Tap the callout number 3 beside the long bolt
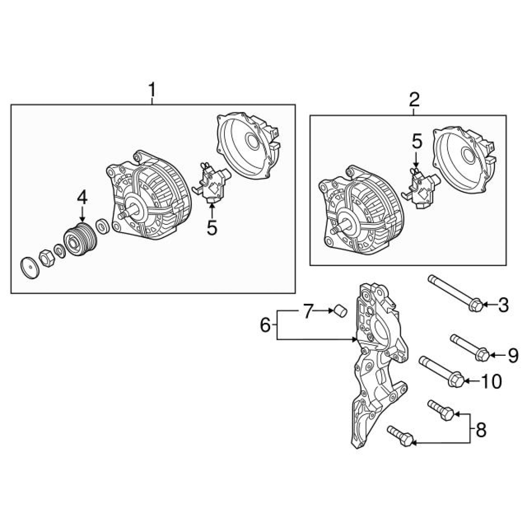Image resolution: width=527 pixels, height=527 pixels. tap(503, 304)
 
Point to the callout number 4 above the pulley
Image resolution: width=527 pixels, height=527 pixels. tap(82, 198)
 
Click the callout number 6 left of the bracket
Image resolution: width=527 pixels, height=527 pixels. tap(265, 326)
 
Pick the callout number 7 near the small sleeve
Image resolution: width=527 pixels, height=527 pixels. tap(308, 311)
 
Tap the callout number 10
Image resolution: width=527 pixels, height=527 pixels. tap(491, 381)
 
